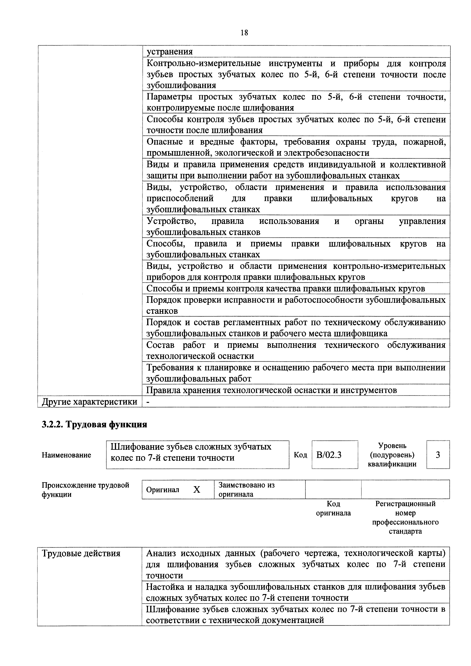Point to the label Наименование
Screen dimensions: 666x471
(66, 455)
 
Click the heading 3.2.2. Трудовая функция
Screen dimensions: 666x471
(95, 425)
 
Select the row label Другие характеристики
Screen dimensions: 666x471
(90, 402)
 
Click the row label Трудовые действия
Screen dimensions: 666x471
(81, 553)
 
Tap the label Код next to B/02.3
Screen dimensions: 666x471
(300, 455)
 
